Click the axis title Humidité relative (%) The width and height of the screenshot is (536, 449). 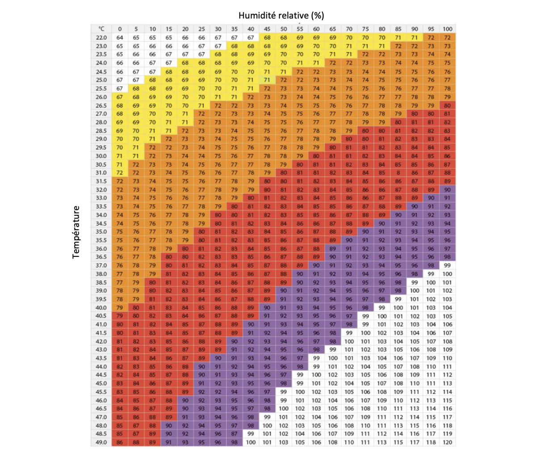click(281, 15)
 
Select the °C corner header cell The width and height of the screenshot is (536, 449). click(101, 29)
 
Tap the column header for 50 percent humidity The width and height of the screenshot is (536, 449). click(283, 29)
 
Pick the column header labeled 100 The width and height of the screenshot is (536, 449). click(447, 29)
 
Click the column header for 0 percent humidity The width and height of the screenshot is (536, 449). click(120, 29)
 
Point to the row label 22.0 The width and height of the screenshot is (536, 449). click(101, 38)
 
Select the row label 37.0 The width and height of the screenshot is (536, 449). click(101, 265)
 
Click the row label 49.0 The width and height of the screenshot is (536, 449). click(101, 442)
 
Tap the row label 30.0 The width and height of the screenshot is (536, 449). click(101, 156)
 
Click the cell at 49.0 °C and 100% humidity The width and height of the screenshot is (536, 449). click(447, 442)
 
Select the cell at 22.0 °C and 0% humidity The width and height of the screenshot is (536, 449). click(120, 38)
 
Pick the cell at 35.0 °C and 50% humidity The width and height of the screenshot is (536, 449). click(283, 231)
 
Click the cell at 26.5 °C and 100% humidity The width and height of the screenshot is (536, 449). click(447, 105)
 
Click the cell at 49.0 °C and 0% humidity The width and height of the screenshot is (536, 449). click(120, 442)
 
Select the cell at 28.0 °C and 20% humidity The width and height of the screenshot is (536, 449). click(185, 122)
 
